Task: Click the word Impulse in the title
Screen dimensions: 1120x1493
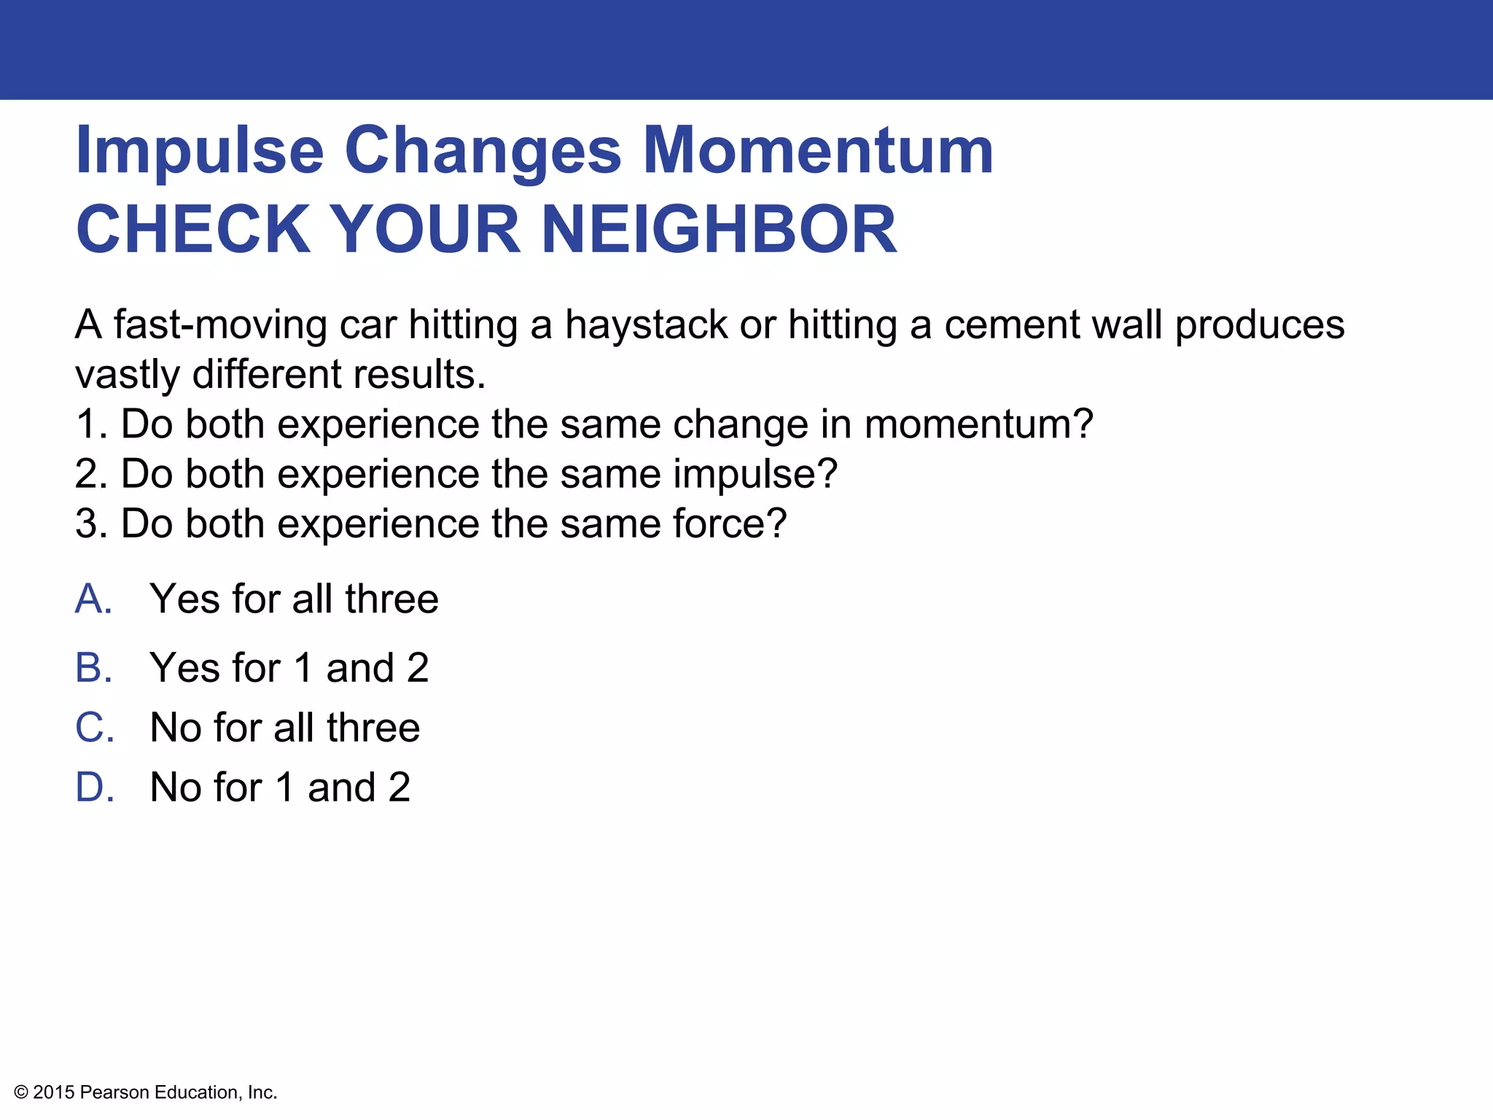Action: coord(199,152)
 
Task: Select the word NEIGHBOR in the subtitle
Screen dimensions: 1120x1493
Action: coord(719,230)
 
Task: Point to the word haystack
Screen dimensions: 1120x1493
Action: coord(646,325)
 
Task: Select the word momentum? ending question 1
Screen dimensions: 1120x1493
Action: coord(978,425)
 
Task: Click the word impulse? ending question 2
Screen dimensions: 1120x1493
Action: coord(755,475)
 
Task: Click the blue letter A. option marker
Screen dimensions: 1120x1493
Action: coord(94,599)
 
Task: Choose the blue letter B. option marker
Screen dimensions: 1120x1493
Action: coord(94,668)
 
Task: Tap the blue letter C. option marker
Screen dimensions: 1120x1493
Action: coord(95,728)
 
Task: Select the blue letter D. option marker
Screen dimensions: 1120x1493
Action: coord(95,787)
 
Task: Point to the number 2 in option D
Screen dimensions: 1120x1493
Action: coord(399,787)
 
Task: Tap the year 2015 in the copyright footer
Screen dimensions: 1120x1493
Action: coord(54,1092)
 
